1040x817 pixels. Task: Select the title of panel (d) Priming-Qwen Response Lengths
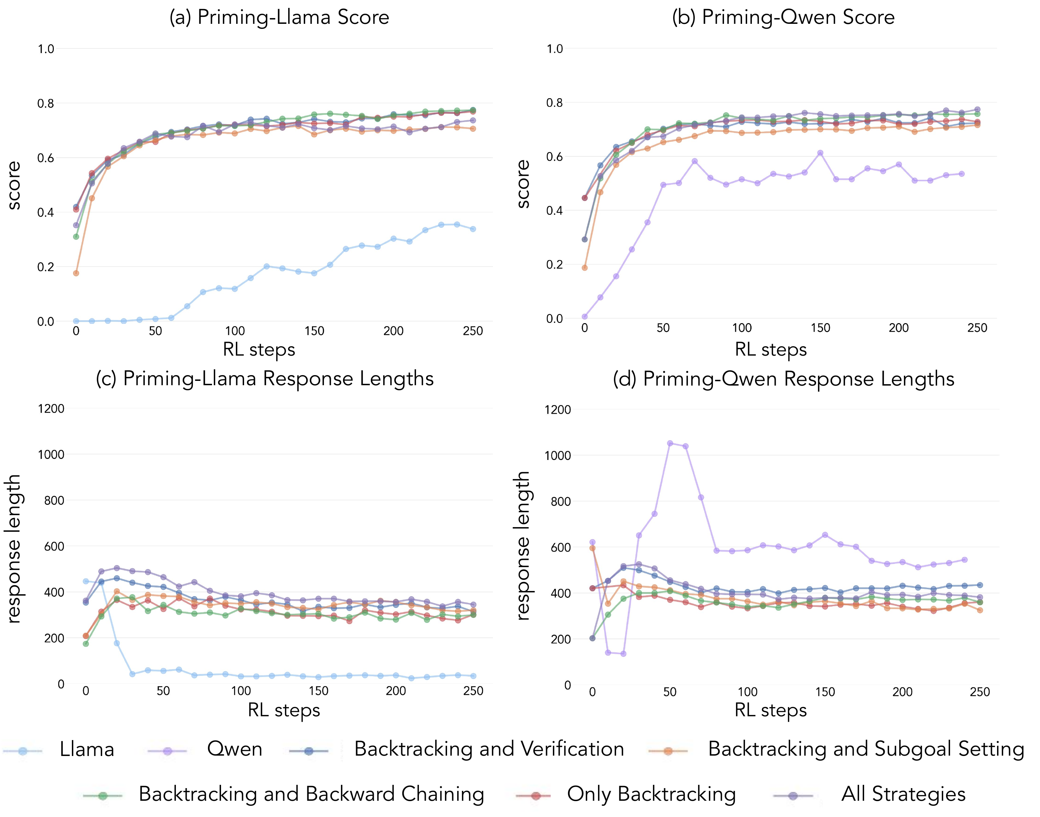click(784, 379)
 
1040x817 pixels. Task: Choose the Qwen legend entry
click(234, 749)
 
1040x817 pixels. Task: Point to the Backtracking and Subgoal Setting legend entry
click(866, 749)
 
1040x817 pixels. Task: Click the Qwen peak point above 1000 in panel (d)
click(670, 443)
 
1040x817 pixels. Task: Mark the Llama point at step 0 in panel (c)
click(86, 581)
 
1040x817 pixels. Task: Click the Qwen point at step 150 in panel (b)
click(820, 153)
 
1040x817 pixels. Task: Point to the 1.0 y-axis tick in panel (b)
click(555, 49)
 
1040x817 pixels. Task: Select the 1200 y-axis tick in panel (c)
click(51, 409)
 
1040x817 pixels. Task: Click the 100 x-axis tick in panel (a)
click(235, 331)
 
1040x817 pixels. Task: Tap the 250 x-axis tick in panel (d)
click(980, 692)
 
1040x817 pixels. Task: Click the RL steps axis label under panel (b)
click(771, 349)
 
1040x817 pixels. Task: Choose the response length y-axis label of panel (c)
click(14, 549)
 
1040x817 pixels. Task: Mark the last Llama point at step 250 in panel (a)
click(473, 229)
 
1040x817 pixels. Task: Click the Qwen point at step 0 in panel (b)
click(585, 317)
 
